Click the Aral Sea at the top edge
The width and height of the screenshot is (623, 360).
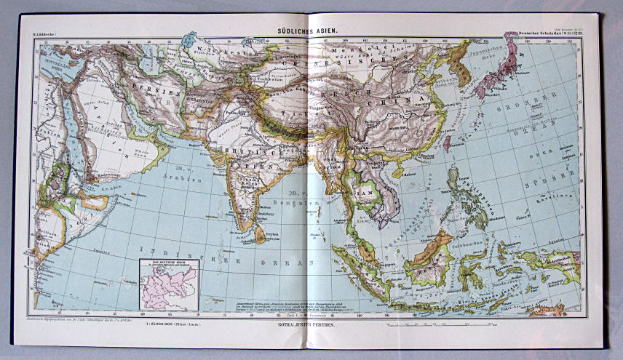191,39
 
